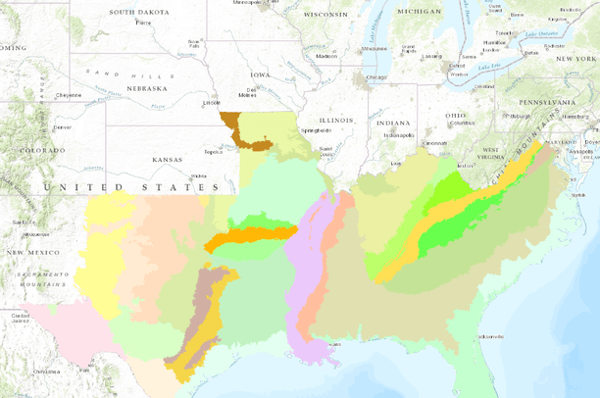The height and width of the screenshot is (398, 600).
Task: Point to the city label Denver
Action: (62, 127)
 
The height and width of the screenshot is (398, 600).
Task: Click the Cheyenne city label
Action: (68, 95)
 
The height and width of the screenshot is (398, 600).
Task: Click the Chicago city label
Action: (376, 76)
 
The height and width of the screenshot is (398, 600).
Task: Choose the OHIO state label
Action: (456, 116)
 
